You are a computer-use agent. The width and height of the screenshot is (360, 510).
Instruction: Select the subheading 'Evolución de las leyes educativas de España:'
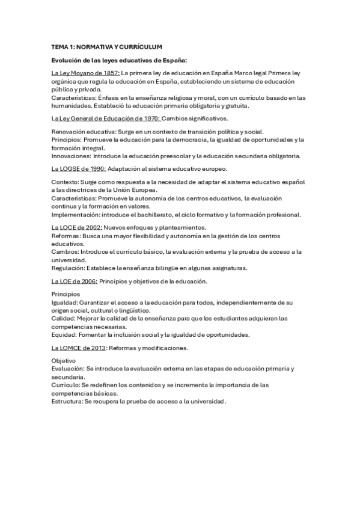click(120, 61)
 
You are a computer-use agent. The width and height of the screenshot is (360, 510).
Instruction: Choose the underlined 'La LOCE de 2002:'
click(77, 227)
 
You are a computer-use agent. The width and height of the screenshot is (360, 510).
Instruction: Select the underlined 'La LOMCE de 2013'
click(79, 348)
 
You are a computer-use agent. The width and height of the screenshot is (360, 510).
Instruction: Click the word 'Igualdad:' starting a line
click(64, 302)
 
